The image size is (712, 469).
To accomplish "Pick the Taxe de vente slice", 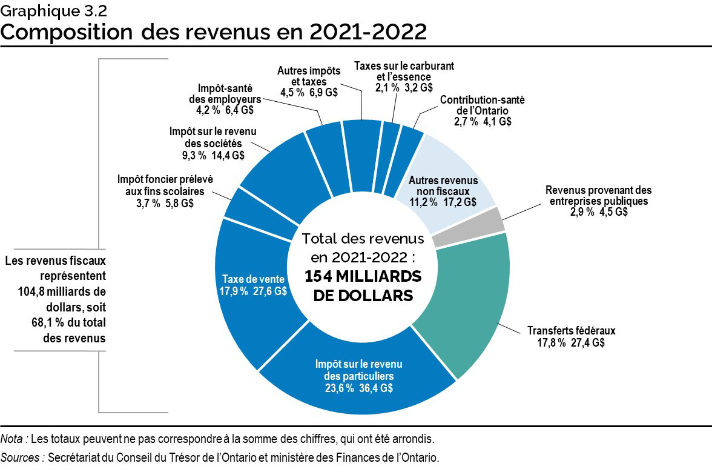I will coord(254,285).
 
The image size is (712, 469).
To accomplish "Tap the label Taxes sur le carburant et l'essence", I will coord(404,71).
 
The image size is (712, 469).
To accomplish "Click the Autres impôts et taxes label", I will coord(309,76).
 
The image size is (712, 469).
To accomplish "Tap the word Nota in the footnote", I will coord(13,438).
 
